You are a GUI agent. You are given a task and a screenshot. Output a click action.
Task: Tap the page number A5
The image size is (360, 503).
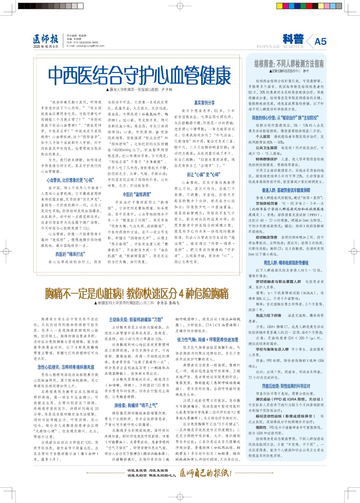coord(320,41)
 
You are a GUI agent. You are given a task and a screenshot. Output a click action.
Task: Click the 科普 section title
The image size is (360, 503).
coord(293,39)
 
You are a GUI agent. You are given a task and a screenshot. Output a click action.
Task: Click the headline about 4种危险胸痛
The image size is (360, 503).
coord(137,294)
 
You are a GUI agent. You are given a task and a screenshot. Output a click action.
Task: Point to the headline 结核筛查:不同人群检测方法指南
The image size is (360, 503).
coord(289,64)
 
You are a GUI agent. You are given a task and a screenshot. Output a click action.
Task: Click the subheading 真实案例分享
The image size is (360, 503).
coord(204,103)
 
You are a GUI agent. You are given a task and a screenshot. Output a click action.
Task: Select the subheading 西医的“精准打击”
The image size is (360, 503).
coord(70,254)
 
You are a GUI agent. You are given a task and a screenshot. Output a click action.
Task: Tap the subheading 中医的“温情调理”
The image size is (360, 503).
coord(137,194)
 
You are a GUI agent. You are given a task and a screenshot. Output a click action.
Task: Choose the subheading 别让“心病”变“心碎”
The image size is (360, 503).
coord(203,174)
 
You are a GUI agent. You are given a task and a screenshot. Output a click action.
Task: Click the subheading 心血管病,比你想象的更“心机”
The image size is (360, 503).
coord(70,180)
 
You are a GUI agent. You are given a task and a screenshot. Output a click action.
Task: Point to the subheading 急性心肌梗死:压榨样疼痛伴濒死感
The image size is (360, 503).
coord(66,367)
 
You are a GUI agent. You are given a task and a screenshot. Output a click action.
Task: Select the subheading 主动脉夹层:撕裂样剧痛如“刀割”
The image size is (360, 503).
coord(136,319)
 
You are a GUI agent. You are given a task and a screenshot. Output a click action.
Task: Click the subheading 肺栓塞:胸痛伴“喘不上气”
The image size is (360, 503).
coord(136,405)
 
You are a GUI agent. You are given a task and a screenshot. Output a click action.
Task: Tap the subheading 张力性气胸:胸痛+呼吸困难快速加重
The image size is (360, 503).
coord(208,340)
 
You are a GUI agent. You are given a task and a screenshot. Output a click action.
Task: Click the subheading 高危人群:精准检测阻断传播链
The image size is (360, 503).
coord(286,263)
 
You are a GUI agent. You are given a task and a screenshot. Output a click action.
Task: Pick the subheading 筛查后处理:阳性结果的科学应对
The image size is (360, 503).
coord(286,386)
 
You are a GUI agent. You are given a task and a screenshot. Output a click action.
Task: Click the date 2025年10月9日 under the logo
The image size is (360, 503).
coord(46,47)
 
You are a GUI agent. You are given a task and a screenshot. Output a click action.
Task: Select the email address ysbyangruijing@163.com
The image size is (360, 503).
coord(85,46)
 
